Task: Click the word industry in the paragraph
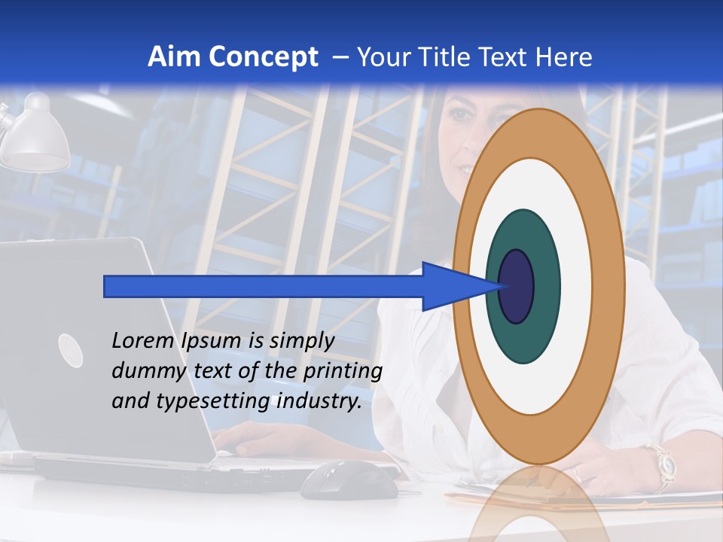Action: [x=319, y=401]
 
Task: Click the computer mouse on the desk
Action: [x=349, y=480]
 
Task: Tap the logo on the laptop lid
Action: [x=71, y=351]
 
